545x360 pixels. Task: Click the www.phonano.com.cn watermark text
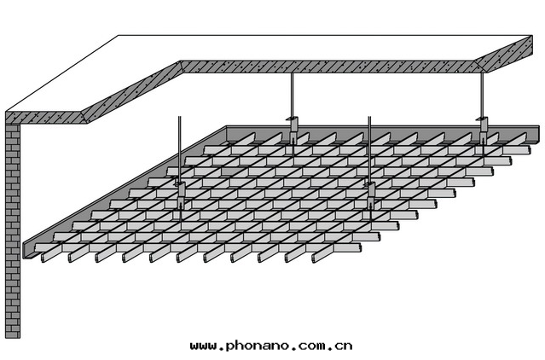(x=271, y=345)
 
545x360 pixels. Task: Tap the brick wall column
(x=13, y=230)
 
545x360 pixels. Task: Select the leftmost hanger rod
(x=179, y=149)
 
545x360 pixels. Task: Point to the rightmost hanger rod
(x=482, y=95)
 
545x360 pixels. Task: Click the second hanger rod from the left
(x=293, y=95)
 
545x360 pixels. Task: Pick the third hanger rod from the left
(x=369, y=149)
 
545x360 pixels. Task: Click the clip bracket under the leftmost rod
(x=181, y=195)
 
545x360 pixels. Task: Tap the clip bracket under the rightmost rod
(x=483, y=130)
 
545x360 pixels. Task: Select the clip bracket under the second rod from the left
(x=293, y=130)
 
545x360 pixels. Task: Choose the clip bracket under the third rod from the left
(x=370, y=195)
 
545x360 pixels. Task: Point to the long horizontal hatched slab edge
(x=328, y=67)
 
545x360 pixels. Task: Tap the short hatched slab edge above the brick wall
(x=46, y=118)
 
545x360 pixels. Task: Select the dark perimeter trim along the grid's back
(x=382, y=132)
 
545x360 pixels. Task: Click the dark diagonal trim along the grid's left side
(x=125, y=192)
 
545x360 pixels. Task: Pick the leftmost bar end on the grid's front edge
(x=43, y=258)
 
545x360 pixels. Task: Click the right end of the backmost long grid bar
(x=529, y=150)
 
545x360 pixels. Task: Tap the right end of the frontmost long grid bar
(x=359, y=247)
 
